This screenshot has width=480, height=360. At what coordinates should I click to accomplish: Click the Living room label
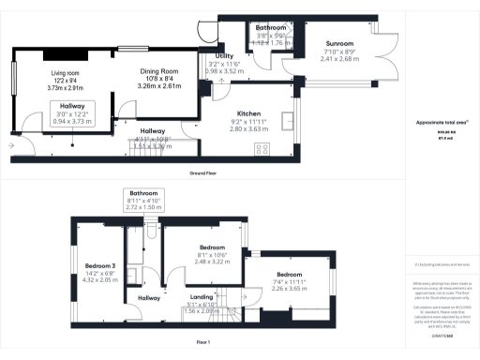coord(67,71)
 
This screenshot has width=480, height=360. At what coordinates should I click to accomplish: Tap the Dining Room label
coord(158,71)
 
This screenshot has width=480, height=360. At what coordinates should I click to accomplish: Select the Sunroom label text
coord(340,44)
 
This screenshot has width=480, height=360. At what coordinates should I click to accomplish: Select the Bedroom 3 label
coord(99,265)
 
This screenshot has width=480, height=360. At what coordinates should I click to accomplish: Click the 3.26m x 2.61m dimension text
coord(158,85)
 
